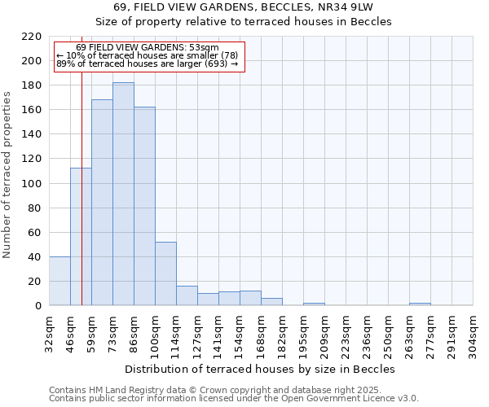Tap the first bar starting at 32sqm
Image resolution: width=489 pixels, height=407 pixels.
coord(59,281)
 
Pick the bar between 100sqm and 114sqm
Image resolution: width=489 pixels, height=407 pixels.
coord(165,274)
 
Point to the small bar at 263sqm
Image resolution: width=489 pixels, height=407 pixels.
coord(420,304)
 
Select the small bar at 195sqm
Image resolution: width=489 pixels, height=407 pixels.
coord(314,304)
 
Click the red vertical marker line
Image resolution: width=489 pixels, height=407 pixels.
coord(81,203)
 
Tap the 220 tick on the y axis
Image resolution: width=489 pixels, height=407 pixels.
coord(33,37)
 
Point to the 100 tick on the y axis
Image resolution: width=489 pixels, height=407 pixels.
coord(33,183)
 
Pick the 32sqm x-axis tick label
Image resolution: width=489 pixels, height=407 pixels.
coord(49,332)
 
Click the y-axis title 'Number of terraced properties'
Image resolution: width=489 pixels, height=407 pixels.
coord(7,175)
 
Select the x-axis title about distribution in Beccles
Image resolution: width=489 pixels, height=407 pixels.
coord(260,369)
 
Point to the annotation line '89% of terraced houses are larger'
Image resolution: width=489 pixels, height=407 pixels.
coord(147,63)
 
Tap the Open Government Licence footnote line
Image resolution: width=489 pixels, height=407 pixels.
coord(233,398)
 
